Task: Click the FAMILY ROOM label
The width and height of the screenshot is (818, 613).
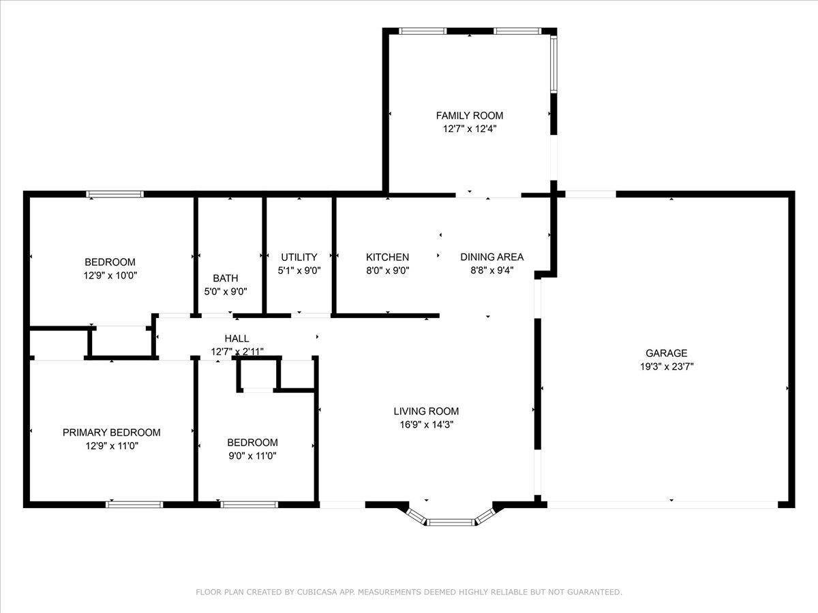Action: (469, 116)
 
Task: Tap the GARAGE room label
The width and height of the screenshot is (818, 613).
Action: (666, 353)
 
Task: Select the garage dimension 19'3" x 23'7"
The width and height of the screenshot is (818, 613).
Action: (666, 366)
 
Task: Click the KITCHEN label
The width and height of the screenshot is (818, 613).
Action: (387, 257)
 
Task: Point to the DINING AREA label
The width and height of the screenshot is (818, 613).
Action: (491, 257)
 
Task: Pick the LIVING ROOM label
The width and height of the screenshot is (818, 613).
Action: (426, 411)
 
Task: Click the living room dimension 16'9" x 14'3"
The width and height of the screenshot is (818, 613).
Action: (426, 424)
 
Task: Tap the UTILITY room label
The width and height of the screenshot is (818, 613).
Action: (299, 257)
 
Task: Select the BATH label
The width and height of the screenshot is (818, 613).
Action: (226, 278)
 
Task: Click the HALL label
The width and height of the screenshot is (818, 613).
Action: (237, 338)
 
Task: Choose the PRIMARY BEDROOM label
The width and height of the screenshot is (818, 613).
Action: (111, 433)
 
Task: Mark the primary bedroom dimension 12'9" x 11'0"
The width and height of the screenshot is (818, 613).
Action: (111, 446)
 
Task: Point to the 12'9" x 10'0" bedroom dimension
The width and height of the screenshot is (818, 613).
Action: (110, 276)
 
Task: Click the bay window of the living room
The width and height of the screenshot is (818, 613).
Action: (450, 522)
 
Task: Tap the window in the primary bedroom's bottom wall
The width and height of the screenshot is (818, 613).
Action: (134, 505)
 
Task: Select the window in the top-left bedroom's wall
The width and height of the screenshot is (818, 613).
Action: (115, 194)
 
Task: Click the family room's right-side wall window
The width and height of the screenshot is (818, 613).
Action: (554, 64)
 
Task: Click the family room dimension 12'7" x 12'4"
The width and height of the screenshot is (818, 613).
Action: (469, 129)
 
